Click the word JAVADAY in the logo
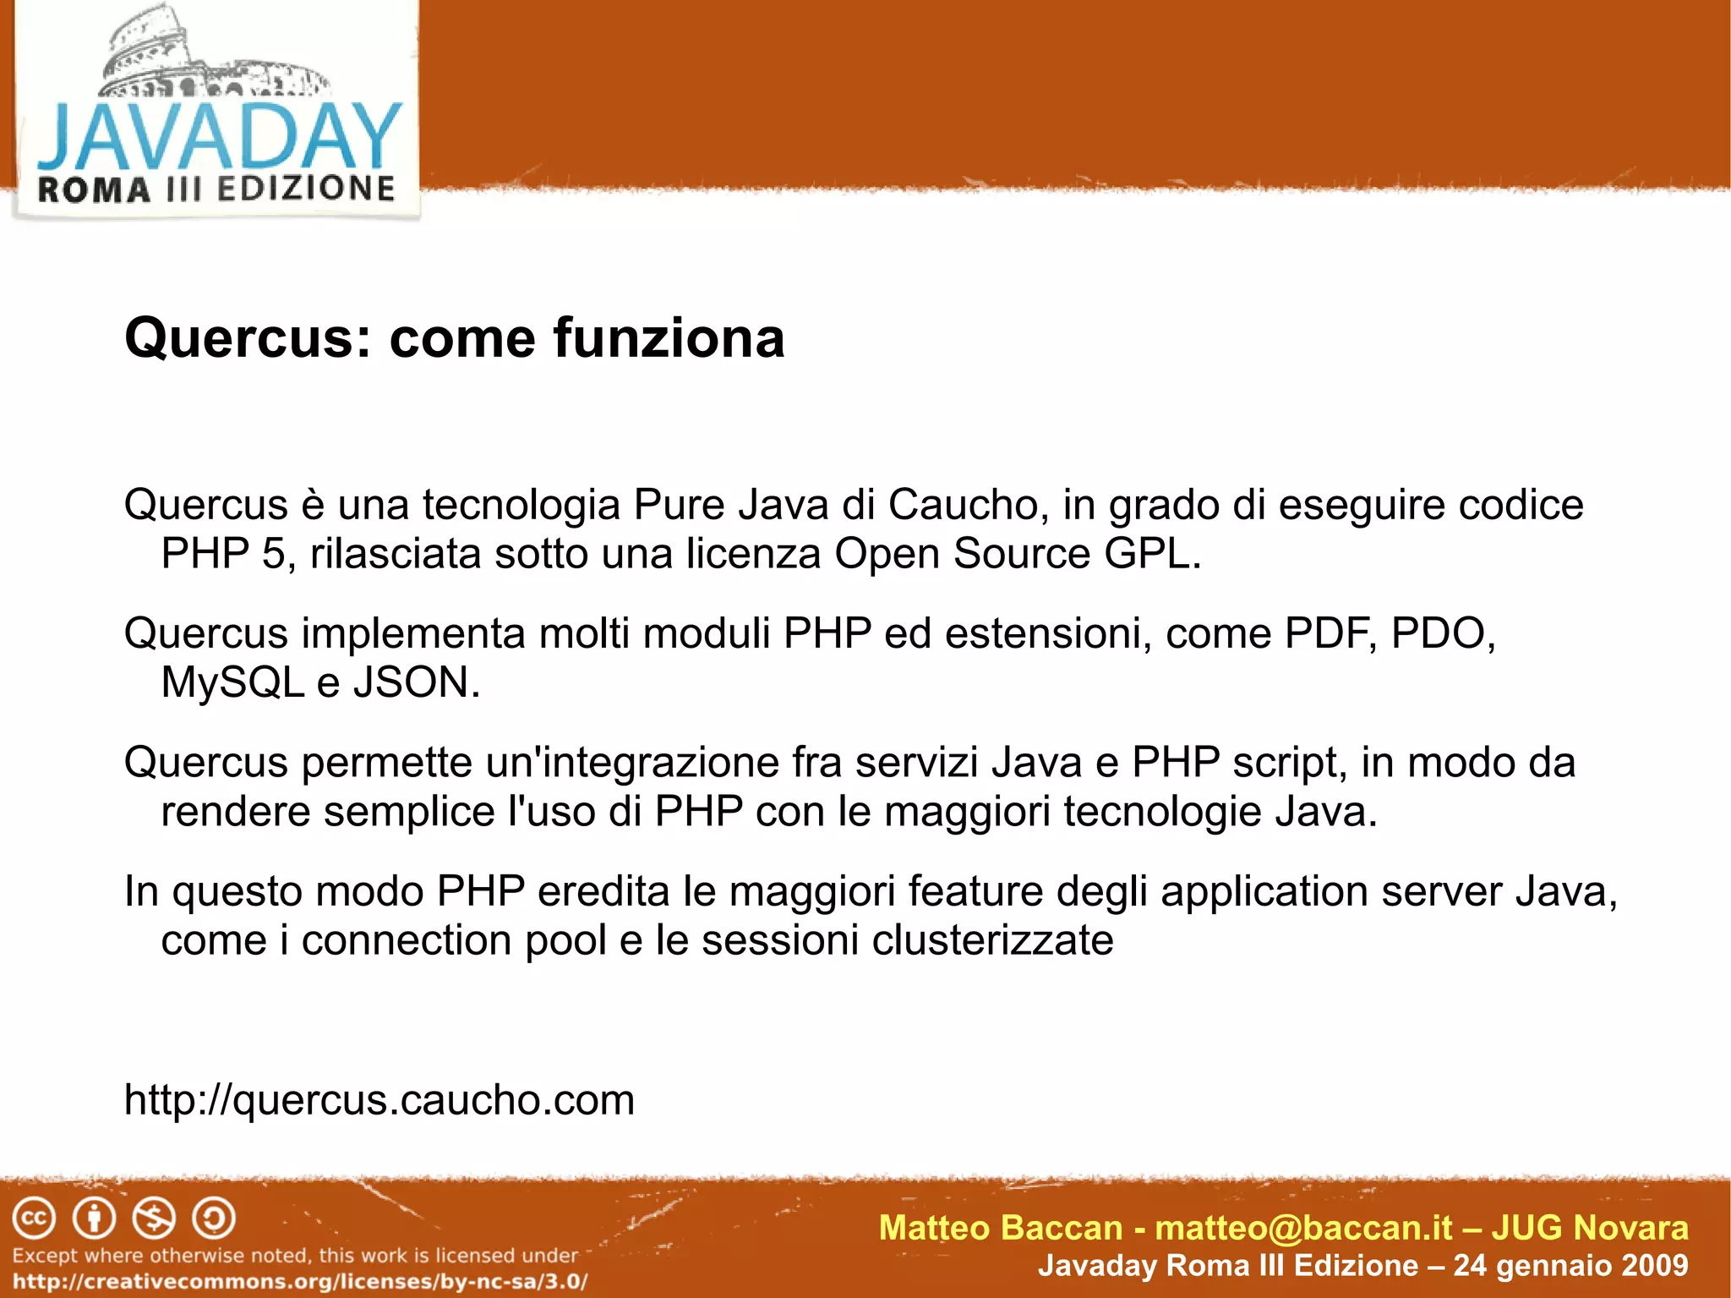[218, 137]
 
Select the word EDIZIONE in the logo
[306, 189]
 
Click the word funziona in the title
[669, 337]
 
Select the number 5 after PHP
[273, 555]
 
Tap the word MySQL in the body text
[232, 682]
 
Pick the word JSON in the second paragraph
[416, 682]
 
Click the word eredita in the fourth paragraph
[603, 891]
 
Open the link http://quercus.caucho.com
[379, 1100]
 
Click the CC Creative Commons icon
[34, 1219]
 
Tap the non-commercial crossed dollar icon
[154, 1219]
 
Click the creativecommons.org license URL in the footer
[300, 1281]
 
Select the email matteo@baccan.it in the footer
[1303, 1228]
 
